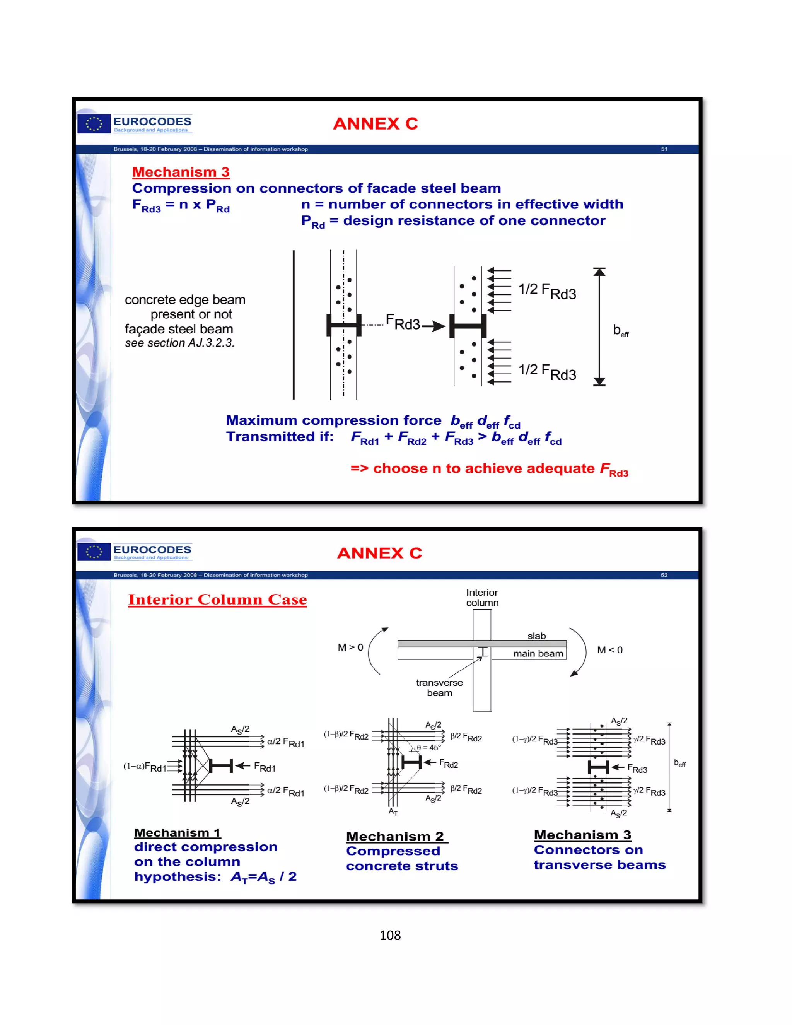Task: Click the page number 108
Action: click(x=390, y=935)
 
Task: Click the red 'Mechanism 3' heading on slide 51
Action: click(x=181, y=172)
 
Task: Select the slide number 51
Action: click(x=664, y=149)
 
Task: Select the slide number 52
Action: click(x=664, y=575)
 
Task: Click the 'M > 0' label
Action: click(x=350, y=647)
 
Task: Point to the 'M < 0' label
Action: click(x=609, y=650)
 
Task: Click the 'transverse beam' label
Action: click(x=439, y=688)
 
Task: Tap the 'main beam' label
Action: click(x=538, y=653)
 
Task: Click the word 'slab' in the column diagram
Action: click(x=536, y=636)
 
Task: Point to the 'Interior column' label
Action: click(x=482, y=598)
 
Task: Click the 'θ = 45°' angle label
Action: click(x=429, y=748)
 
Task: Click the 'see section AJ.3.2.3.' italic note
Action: click(x=179, y=343)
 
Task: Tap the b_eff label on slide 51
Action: click(x=620, y=330)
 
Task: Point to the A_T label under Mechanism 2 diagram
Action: click(x=393, y=811)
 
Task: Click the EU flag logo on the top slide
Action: click(x=94, y=124)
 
